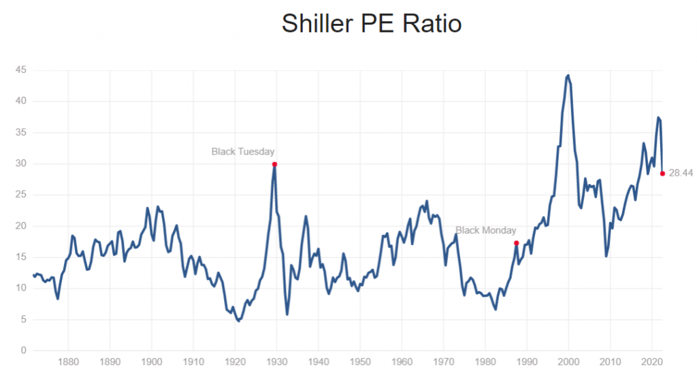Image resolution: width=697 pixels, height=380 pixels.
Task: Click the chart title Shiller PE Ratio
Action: tap(372, 24)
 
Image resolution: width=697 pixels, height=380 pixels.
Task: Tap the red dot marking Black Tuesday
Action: tap(274, 164)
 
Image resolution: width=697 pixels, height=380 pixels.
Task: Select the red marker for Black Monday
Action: tap(517, 243)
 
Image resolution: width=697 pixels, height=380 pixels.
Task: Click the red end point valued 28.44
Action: tap(662, 173)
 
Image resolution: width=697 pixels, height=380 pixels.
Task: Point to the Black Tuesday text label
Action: tap(243, 151)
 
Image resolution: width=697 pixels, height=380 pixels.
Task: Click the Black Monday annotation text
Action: tap(485, 230)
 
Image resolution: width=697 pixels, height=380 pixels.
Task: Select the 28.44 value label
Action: tap(680, 173)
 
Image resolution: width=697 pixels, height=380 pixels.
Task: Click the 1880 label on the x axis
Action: tap(67, 362)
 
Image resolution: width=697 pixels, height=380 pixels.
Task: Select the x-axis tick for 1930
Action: tap(276, 362)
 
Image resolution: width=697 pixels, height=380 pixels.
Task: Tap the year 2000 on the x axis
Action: tap(569, 362)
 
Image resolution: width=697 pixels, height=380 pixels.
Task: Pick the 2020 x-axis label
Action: tap(652, 362)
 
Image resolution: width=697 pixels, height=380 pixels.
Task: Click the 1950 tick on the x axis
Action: tap(360, 362)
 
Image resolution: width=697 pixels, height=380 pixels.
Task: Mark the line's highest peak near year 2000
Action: tap(568, 76)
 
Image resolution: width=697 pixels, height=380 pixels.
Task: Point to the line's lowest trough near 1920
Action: tap(238, 320)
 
